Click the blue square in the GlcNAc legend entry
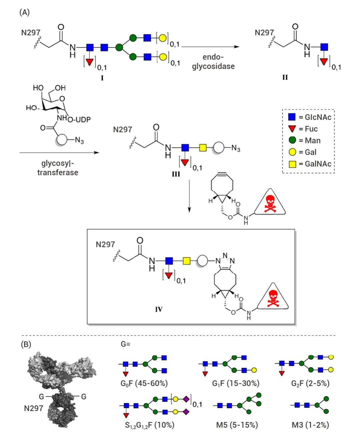tap(292, 117)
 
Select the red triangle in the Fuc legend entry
tap(292, 129)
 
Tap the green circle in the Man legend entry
tap(292, 140)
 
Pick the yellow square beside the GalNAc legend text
tap(292, 164)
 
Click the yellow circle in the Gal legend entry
tap(292, 152)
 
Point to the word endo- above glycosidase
tap(213, 57)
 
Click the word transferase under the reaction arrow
tap(58, 172)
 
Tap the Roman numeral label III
tap(176, 174)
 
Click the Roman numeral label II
tap(285, 77)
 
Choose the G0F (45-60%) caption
tap(144, 383)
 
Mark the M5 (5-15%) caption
tap(237, 425)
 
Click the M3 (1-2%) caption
tap(310, 425)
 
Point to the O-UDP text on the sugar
tap(79, 119)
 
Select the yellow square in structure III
tap(203, 148)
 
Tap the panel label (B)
tap(26, 344)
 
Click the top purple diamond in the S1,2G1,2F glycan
tap(186, 399)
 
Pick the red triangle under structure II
tap(324, 61)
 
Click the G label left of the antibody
tap(41, 397)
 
